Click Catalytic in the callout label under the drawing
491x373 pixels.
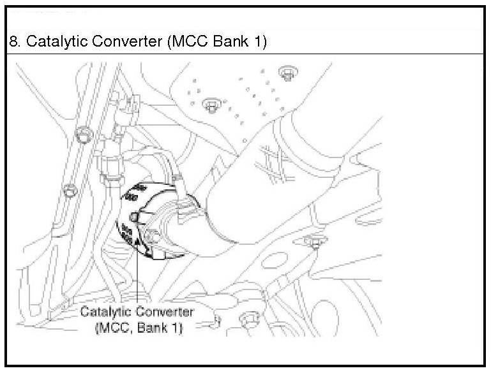pos(105,313)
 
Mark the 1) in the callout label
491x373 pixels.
pos(177,328)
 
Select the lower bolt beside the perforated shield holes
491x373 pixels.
pos(211,104)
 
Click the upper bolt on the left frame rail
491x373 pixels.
pos(81,134)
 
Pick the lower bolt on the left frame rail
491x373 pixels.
pos(69,189)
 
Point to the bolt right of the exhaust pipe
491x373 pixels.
pos(313,242)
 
